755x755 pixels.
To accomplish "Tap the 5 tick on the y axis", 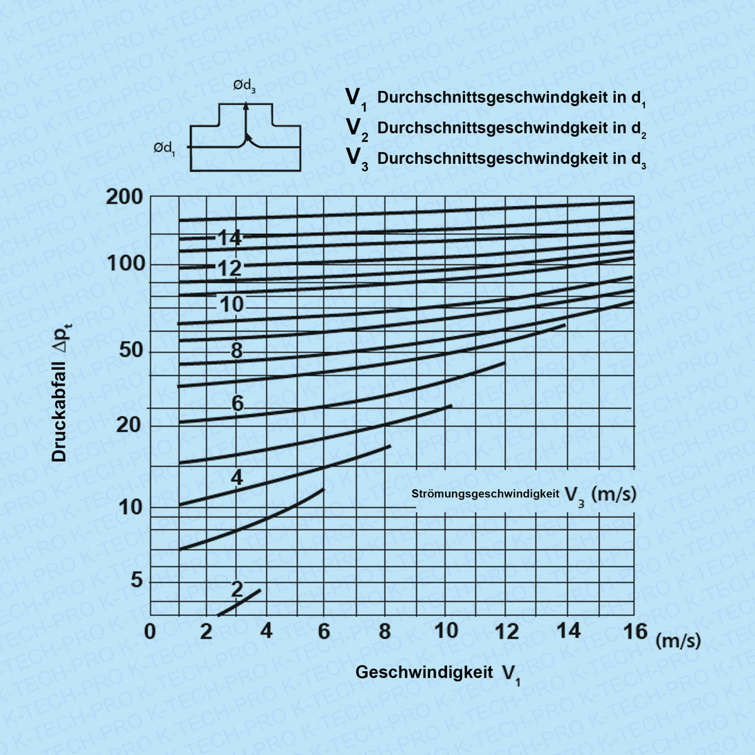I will (136, 581).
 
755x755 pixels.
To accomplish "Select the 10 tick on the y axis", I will (130, 508).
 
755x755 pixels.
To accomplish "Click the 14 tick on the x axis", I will (568, 630).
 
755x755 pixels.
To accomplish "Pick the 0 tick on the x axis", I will (150, 631).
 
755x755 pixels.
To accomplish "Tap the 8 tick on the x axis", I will (384, 630).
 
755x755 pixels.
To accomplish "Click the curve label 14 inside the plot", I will (229, 238).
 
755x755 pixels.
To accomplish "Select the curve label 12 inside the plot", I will (230, 268).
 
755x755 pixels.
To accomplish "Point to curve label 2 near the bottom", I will (237, 589).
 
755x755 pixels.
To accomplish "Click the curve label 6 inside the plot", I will (237, 403).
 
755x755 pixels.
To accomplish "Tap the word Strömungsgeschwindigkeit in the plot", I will (485, 494).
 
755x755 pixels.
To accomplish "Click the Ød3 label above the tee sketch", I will (245, 86).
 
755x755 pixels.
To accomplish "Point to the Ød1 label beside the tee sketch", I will (164, 148).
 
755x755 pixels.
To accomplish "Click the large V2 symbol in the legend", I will (356, 129).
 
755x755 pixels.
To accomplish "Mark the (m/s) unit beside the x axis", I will (678, 641).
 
